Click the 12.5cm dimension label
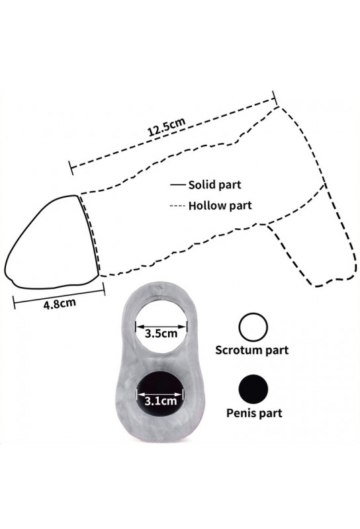point(166,126)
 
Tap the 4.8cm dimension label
point(60,304)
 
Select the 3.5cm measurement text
point(161,334)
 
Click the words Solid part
point(215,185)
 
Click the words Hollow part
point(220,206)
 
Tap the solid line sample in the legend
point(178,185)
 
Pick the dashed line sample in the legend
point(178,206)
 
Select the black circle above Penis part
point(253,389)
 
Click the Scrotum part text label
point(252,350)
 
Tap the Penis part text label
point(254,413)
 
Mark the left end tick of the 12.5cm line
point(71,168)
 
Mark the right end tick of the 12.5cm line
point(274,98)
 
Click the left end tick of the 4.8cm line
point(14,302)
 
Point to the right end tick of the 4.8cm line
point(104,288)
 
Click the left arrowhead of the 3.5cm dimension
point(140,327)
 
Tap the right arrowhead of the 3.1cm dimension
point(179,394)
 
